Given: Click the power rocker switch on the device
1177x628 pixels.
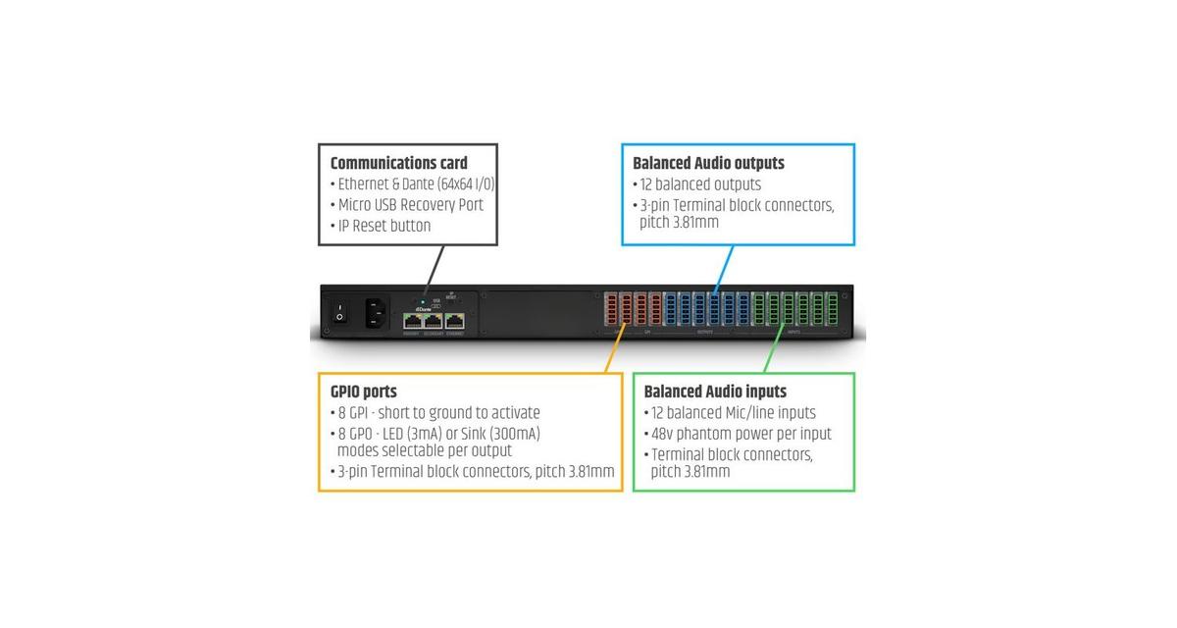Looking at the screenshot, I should point(339,313).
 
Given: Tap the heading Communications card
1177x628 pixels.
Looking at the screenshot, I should point(398,163).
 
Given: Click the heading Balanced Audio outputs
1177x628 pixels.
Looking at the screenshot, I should point(708,163).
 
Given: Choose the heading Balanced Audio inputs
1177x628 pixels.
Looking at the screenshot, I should point(715,392).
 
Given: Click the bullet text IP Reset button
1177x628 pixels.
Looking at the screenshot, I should point(384,226).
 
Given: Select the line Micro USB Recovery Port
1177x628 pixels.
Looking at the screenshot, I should point(410,205).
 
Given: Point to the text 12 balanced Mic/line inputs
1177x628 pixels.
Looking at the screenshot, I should point(731,413).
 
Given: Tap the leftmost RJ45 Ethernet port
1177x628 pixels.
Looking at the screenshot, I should point(412,320).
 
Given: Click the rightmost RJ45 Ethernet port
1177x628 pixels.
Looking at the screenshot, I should point(455,320).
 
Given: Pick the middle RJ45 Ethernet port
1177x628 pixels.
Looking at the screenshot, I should point(434,320).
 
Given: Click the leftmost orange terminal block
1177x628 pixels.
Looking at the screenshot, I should point(609,309).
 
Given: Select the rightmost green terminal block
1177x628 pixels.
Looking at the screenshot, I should point(834,309).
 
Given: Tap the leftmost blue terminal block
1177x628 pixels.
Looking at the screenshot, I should point(671,309).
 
